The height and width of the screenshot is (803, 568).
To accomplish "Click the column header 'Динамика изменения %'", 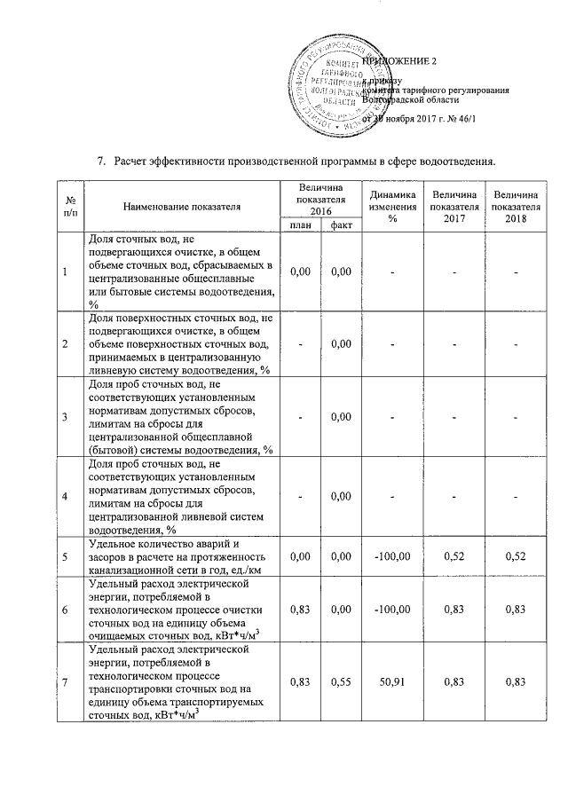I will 391,207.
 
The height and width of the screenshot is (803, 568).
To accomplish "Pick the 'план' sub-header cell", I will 300,225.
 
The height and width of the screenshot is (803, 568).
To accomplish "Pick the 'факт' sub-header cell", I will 340,225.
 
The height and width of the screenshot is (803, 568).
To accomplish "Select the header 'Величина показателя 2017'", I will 454,207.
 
